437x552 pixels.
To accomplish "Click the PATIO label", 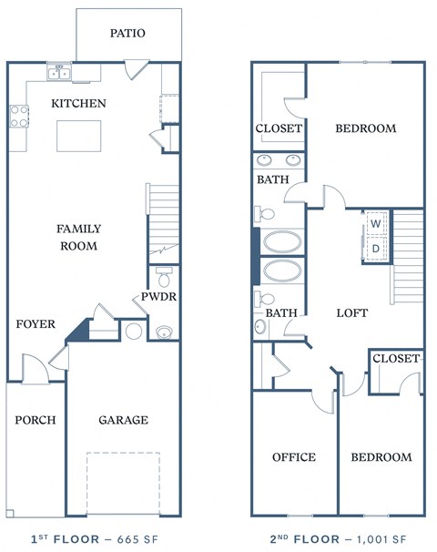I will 127,33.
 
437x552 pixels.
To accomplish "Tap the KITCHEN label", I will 78,103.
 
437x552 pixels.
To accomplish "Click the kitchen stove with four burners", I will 18,115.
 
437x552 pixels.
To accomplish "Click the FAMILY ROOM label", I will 79,237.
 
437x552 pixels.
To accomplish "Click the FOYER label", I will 36,323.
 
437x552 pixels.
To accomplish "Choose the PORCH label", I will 36,420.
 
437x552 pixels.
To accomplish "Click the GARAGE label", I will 123,420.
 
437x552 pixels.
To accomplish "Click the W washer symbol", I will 375,223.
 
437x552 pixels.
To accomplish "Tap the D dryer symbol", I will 375,248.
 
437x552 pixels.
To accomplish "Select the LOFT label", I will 351,312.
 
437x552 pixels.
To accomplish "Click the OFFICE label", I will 293,456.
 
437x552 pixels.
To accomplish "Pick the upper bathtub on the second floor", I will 282,242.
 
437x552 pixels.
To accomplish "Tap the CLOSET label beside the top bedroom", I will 278,128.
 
